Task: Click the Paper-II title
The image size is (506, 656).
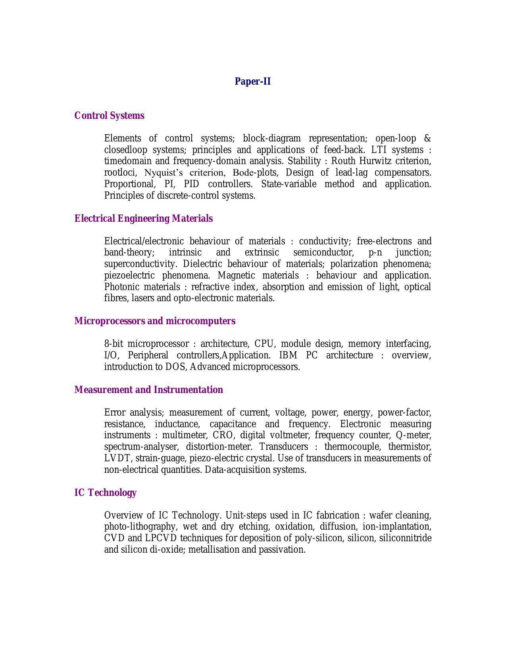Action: coord(252,81)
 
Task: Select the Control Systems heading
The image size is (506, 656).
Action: coord(109,116)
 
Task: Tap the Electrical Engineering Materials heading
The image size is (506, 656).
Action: coord(143,219)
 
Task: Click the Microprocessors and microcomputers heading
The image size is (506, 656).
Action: coord(155,321)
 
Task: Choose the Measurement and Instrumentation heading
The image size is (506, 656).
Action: coord(148,390)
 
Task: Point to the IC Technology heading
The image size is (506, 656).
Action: coord(105,493)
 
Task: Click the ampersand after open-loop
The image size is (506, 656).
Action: coord(427,139)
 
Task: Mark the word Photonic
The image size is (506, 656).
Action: coord(121,287)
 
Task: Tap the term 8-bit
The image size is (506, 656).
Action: coord(114,344)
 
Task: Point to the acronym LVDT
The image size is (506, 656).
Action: coord(117,459)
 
